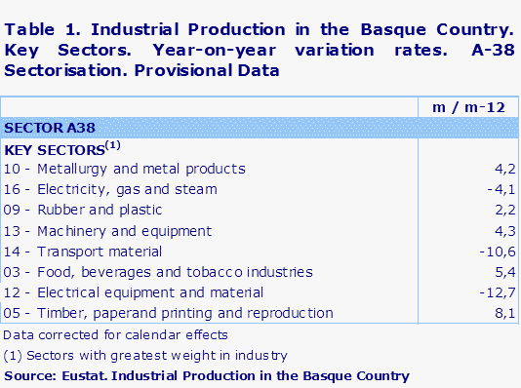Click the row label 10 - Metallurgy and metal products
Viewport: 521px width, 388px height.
125,169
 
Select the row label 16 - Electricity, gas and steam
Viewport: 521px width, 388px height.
111,189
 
